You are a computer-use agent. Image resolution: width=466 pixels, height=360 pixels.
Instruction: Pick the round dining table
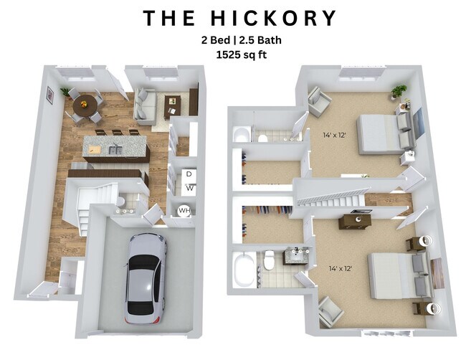tap(84, 105)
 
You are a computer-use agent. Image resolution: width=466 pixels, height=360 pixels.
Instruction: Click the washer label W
tap(190, 188)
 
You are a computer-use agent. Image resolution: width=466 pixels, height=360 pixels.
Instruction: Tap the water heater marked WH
tap(184, 211)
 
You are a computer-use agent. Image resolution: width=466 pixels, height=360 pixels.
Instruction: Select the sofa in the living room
tap(146, 106)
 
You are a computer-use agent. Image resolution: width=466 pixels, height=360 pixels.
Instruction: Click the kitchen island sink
tap(114, 149)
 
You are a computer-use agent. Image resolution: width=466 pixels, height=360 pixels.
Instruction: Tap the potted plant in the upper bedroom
tap(399, 93)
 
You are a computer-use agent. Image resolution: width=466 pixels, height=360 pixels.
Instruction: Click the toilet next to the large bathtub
tap(269, 261)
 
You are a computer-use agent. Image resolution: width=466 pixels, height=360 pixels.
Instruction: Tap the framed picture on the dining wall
tap(49, 95)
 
